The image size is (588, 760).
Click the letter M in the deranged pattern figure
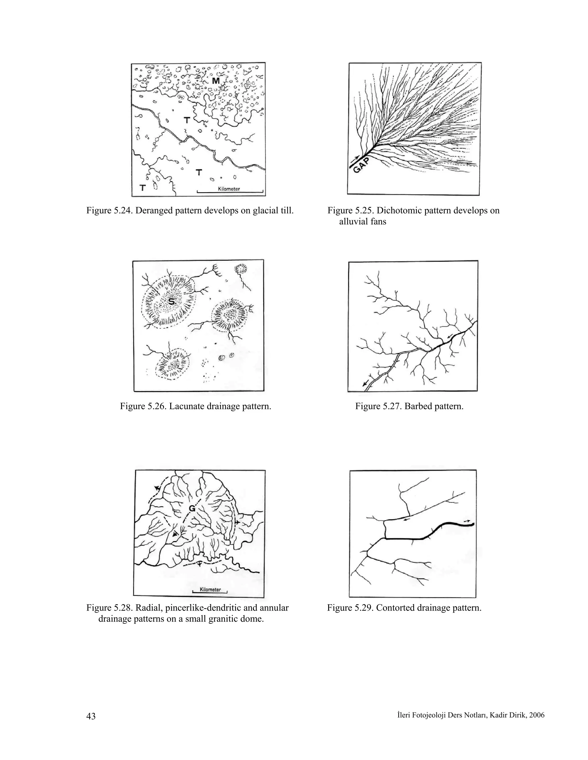(216, 81)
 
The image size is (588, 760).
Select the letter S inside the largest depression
(171, 301)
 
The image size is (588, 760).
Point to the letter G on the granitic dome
(192, 508)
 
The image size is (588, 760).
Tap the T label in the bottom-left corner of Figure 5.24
(142, 188)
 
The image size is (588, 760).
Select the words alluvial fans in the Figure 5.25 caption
(362, 222)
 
